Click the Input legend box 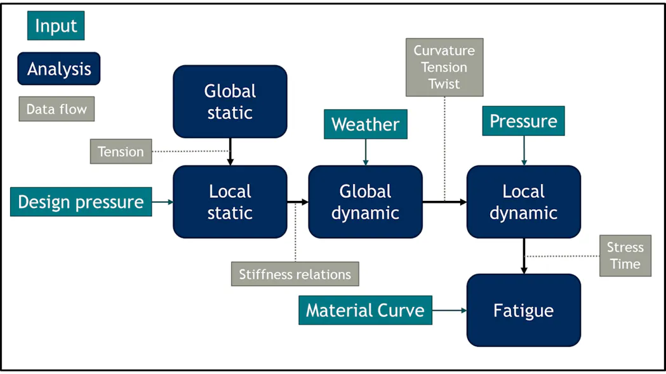(56, 26)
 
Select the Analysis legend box (59, 68)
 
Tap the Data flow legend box (57, 109)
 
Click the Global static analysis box (230, 101)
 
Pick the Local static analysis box (230, 202)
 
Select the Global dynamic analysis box (365, 202)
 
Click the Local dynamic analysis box (523, 202)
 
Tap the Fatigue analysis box (523, 310)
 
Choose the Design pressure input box (81, 202)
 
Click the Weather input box (365, 124)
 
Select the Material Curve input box (365, 310)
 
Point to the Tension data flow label (121, 152)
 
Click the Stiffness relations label (295, 274)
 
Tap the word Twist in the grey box (444, 84)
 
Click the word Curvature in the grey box (444, 51)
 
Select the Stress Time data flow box (625, 255)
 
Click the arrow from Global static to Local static (230, 152)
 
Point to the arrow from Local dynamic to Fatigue (523, 256)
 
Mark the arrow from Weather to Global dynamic (365, 153)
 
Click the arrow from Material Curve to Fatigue (450, 310)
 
